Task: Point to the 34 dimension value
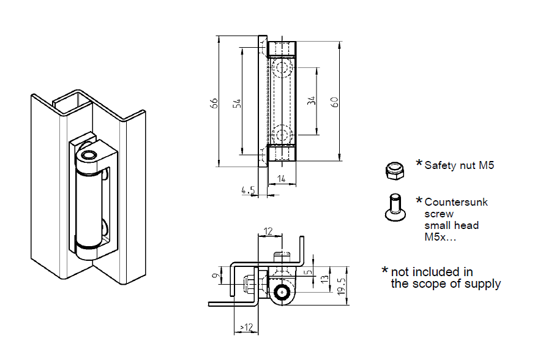[x=312, y=101]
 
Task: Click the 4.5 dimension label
[x=248, y=191]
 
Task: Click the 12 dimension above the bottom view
[x=268, y=231]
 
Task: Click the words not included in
[x=432, y=271]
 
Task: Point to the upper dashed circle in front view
[x=282, y=68]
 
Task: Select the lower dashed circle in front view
[x=282, y=135]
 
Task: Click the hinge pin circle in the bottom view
[x=282, y=293]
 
